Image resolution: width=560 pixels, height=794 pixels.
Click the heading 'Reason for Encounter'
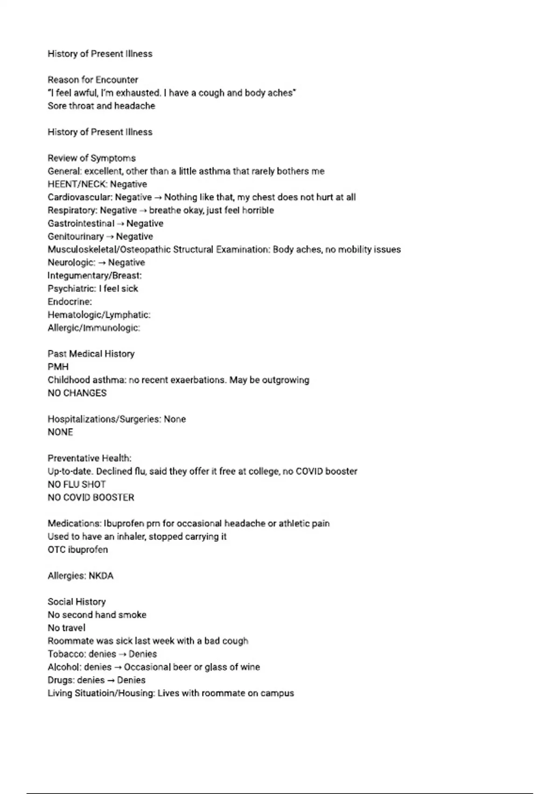pos(93,80)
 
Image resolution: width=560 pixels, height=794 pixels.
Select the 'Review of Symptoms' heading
pos(91,158)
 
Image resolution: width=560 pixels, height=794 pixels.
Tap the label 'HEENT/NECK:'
pos(77,184)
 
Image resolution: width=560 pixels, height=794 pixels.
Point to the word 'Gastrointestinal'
pos(81,224)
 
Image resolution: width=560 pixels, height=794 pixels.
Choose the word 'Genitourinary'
pos(76,237)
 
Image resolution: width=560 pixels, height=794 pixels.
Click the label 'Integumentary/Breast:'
pos(94,276)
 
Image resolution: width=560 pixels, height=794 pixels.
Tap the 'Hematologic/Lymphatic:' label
pos(99,315)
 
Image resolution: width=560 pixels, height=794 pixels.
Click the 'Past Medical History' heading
pos(91,354)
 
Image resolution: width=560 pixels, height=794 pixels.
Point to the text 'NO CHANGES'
pos(77,393)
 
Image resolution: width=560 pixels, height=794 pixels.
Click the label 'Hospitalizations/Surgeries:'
pos(104,419)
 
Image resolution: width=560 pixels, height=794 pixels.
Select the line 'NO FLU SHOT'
pos(77,484)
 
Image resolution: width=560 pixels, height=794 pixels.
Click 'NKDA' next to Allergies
pos(101,576)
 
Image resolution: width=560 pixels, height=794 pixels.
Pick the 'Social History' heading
pos(77,602)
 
